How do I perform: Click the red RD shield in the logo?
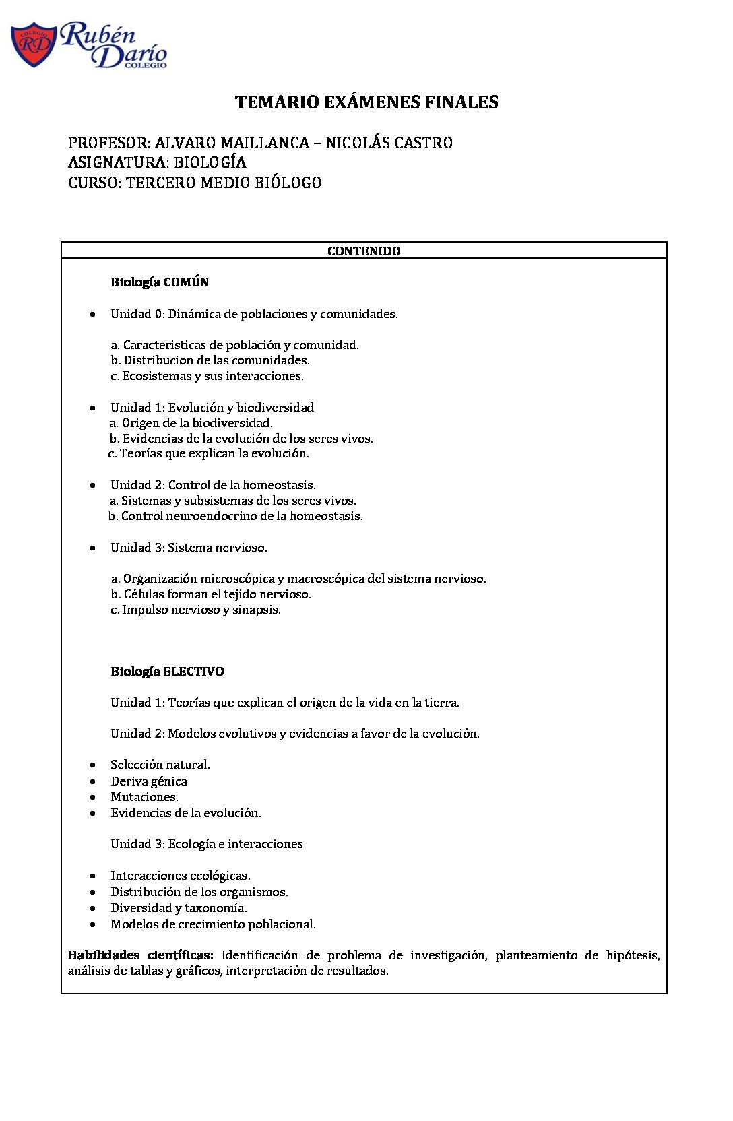tap(34, 44)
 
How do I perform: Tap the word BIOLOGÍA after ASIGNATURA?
tap(210, 162)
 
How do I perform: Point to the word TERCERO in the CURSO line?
tap(160, 183)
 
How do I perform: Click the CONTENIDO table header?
tap(364, 251)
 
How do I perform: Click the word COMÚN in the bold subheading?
tap(186, 282)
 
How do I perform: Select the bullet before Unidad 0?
tap(93, 314)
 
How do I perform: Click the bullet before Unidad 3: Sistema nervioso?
tap(93, 548)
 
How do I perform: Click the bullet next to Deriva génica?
tap(93, 781)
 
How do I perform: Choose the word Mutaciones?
tap(144, 797)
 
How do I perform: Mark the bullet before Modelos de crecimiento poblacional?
tap(93, 924)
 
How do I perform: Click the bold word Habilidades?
tap(104, 955)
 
